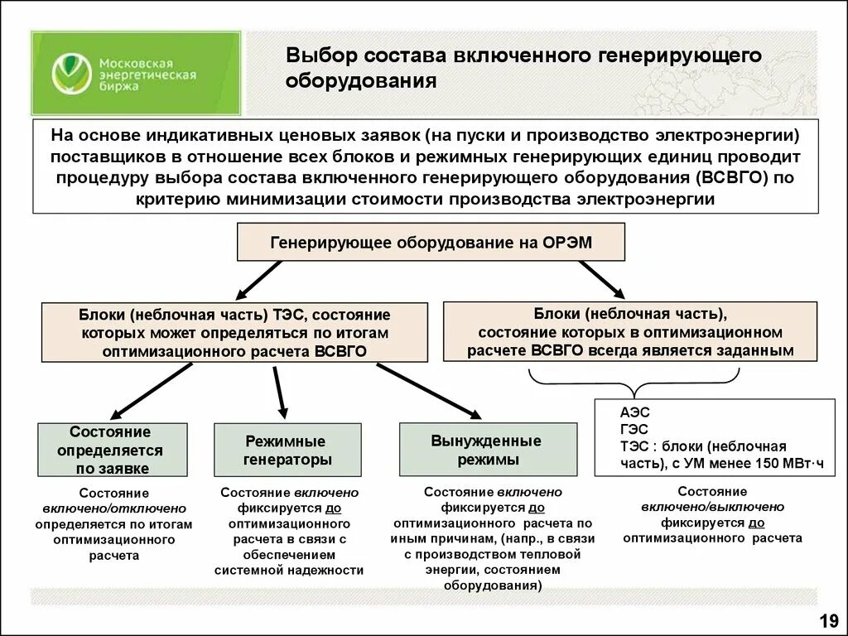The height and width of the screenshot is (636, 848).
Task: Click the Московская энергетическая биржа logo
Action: pos(137,74)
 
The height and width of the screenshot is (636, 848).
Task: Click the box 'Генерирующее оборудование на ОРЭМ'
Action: pos(431,243)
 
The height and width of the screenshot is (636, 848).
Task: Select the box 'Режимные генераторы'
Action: pos(288,450)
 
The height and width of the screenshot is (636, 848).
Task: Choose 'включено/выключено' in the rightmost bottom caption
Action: pos(712,507)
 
